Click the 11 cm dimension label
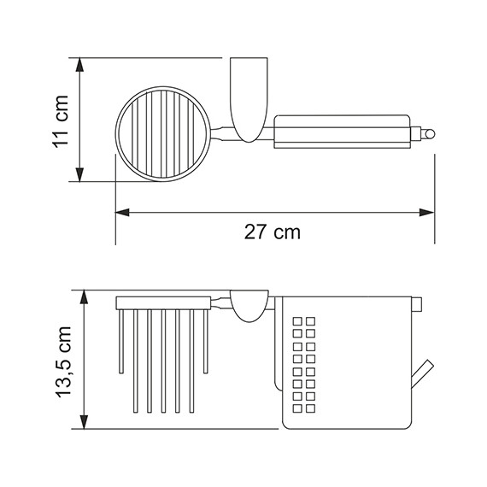61,121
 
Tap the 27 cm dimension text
273,232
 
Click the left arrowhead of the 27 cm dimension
122,213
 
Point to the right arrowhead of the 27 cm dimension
427,213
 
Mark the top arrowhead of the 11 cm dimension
79,65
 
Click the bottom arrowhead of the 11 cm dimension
79,174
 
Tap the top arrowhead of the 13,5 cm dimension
84,297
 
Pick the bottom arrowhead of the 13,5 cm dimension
84,422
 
